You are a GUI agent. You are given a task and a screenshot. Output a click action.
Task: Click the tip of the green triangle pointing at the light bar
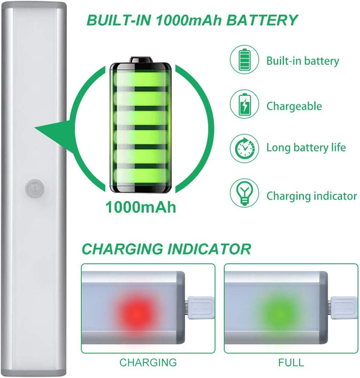35,128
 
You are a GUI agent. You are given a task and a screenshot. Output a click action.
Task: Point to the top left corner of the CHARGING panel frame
81,264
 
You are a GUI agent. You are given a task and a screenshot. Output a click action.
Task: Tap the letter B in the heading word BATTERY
232,20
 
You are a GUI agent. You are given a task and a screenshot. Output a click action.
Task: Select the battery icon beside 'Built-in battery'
244,60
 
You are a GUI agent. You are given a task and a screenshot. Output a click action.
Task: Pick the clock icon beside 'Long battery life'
244,148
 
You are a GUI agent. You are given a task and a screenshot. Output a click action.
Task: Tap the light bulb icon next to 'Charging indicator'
244,193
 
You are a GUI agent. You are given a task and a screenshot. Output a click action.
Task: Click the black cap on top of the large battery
141,60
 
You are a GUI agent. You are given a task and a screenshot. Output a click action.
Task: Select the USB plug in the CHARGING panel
200,308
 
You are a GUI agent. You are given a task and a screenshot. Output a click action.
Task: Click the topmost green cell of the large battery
141,78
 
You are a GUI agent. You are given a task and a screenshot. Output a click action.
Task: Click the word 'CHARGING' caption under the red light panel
148,363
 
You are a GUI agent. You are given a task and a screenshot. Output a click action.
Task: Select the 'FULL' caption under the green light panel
291,363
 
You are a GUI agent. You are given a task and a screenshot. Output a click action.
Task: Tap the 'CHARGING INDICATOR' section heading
167,249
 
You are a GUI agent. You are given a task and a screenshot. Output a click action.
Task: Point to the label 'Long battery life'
306,148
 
